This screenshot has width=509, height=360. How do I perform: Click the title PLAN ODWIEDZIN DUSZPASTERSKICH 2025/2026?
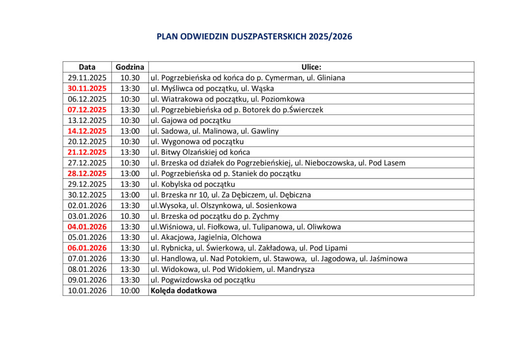pyautogui.click(x=254, y=37)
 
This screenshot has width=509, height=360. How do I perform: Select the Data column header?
pyautogui.click(x=87, y=67)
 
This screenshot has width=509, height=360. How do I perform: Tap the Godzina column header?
pyautogui.click(x=130, y=67)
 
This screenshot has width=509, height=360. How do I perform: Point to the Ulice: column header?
pyautogui.click(x=311, y=67)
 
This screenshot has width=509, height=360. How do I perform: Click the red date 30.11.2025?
pyautogui.click(x=87, y=89)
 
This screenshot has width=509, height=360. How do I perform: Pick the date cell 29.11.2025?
pyautogui.click(x=87, y=78)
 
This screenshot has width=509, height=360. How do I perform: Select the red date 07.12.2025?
pyautogui.click(x=87, y=109)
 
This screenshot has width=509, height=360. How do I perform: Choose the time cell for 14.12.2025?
pyautogui.click(x=130, y=131)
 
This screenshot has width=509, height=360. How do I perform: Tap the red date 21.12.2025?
pyautogui.click(x=87, y=152)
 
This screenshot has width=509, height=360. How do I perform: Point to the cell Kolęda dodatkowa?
pyautogui.click(x=183, y=291)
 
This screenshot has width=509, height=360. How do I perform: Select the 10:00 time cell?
pyautogui.click(x=130, y=291)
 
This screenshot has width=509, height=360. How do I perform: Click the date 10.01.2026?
pyautogui.click(x=87, y=291)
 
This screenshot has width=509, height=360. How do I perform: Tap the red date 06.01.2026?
pyautogui.click(x=87, y=248)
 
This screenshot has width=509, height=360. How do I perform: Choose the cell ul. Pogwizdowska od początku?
pyautogui.click(x=203, y=280)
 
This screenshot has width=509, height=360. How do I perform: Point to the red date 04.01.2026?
pyautogui.click(x=87, y=227)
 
